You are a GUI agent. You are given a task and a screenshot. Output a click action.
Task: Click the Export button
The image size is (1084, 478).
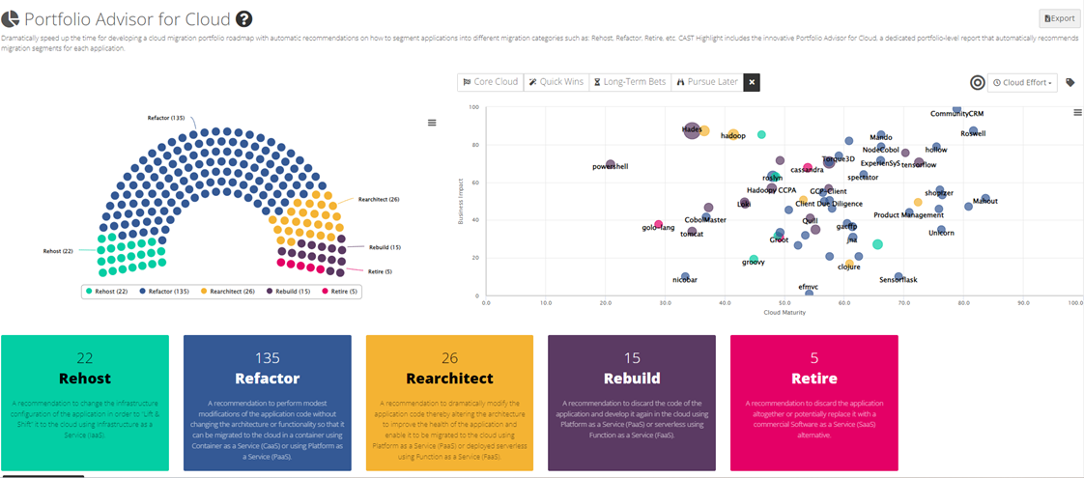click(1059, 18)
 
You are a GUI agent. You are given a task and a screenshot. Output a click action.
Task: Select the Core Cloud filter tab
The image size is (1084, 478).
click(491, 82)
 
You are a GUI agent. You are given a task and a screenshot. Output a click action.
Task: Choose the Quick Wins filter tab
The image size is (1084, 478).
click(556, 82)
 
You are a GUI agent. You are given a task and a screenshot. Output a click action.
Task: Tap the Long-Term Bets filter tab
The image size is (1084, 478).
click(629, 82)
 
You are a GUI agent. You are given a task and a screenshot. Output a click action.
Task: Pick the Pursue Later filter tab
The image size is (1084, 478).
click(706, 82)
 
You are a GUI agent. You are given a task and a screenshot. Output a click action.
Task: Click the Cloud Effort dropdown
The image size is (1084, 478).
click(1022, 83)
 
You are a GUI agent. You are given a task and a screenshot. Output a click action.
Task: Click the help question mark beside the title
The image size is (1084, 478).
click(243, 19)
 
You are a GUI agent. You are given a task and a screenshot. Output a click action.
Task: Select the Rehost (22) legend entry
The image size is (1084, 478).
click(107, 291)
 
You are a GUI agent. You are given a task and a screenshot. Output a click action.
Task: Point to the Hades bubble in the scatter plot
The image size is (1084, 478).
click(692, 130)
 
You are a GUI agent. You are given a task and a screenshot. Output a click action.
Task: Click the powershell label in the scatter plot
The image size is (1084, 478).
click(610, 167)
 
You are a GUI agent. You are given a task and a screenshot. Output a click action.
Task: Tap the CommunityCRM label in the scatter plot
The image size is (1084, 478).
click(956, 114)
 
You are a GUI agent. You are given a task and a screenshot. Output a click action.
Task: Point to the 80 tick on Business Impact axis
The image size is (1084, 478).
click(473, 145)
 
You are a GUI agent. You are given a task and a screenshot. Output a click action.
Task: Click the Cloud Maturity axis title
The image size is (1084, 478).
click(784, 313)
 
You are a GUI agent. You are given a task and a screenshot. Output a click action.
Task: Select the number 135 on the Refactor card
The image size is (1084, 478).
click(267, 358)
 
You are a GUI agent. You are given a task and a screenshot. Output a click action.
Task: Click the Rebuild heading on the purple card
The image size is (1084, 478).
click(632, 379)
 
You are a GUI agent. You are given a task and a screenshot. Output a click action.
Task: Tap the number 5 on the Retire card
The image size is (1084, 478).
click(813, 358)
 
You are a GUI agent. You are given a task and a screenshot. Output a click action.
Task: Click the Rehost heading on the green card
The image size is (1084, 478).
click(85, 379)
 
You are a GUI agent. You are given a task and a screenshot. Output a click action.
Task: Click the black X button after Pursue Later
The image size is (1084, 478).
click(752, 82)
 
